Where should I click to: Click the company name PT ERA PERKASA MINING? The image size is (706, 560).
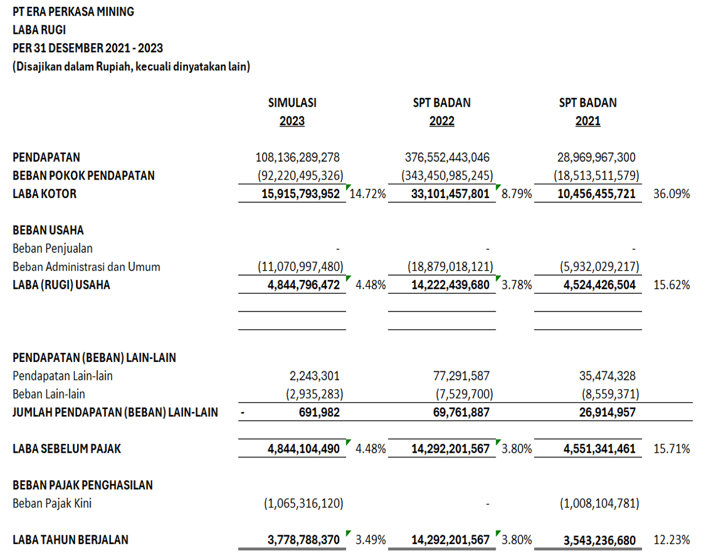point(73,12)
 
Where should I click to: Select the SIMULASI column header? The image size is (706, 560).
point(292,103)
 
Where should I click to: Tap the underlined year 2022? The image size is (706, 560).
point(441,121)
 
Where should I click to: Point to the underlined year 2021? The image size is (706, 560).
point(588,121)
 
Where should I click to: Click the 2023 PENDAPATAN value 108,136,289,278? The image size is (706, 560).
point(298,158)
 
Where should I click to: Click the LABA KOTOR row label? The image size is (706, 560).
point(44,194)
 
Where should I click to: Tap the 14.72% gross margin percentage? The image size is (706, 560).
point(368,194)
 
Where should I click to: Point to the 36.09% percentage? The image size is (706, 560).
point(671,194)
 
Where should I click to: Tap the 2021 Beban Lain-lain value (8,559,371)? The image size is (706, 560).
point(610,394)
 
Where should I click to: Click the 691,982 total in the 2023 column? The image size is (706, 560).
point(319,413)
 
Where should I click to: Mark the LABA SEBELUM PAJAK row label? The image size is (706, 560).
point(67,449)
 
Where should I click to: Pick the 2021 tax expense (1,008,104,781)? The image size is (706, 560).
point(599,504)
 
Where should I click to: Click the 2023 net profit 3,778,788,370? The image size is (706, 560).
point(303,540)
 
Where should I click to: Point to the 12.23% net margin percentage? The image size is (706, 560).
point(671,540)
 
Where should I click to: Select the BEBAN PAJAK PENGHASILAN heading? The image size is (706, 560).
point(83,485)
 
